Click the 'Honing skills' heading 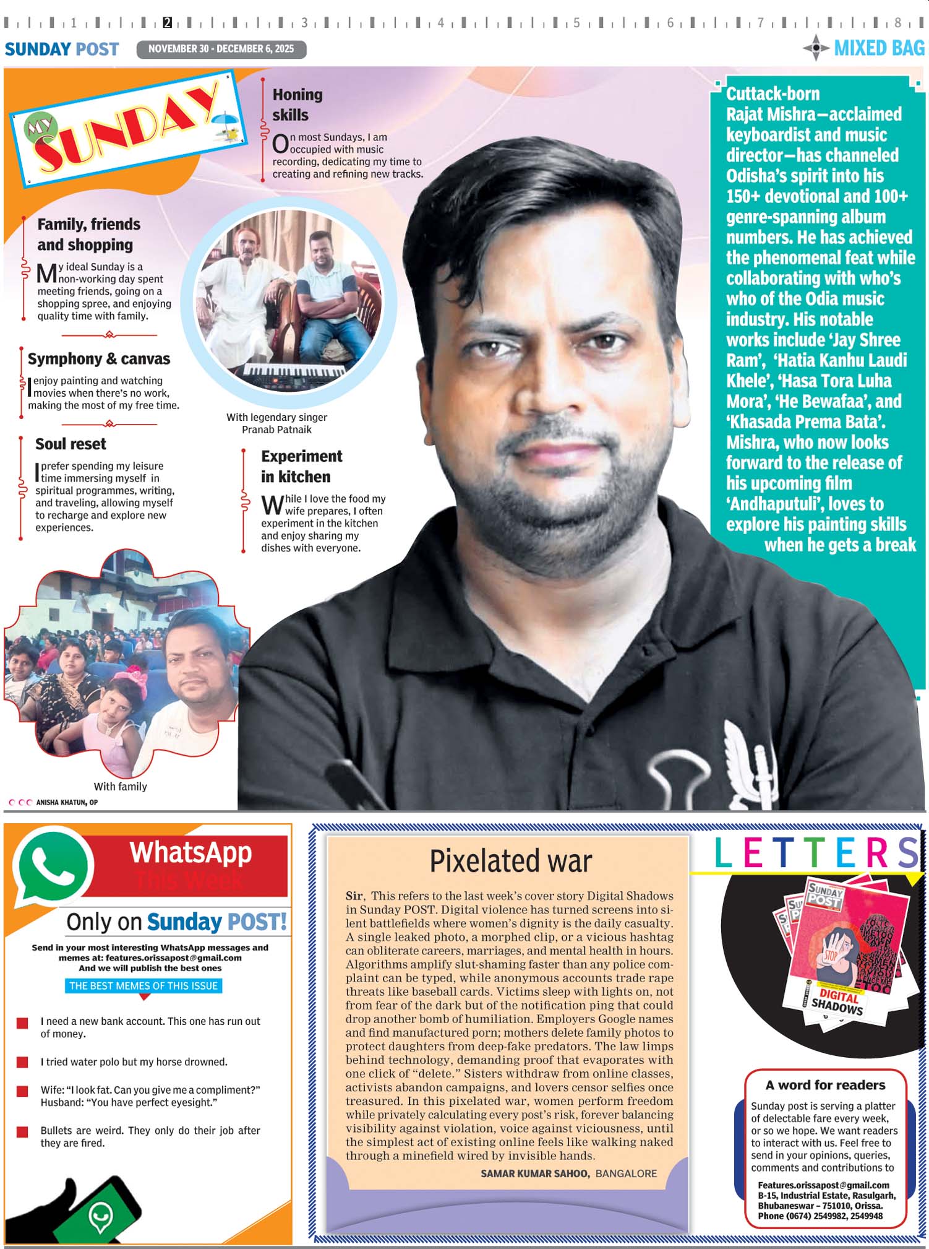tap(298, 105)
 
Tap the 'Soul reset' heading tap(71, 444)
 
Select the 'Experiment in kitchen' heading tap(301, 466)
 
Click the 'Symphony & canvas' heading tap(99, 359)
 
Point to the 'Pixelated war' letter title tap(511, 861)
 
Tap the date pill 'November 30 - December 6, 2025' tap(221, 49)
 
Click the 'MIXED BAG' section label tap(879, 48)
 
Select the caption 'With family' tap(120, 787)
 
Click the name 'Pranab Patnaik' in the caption tap(276, 430)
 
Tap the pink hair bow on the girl tap(136, 675)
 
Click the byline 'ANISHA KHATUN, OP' tap(67, 802)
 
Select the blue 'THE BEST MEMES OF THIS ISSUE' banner tap(143, 985)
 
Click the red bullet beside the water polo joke tap(22, 1062)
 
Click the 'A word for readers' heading tap(825, 1085)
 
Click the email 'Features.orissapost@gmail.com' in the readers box tap(823, 1185)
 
